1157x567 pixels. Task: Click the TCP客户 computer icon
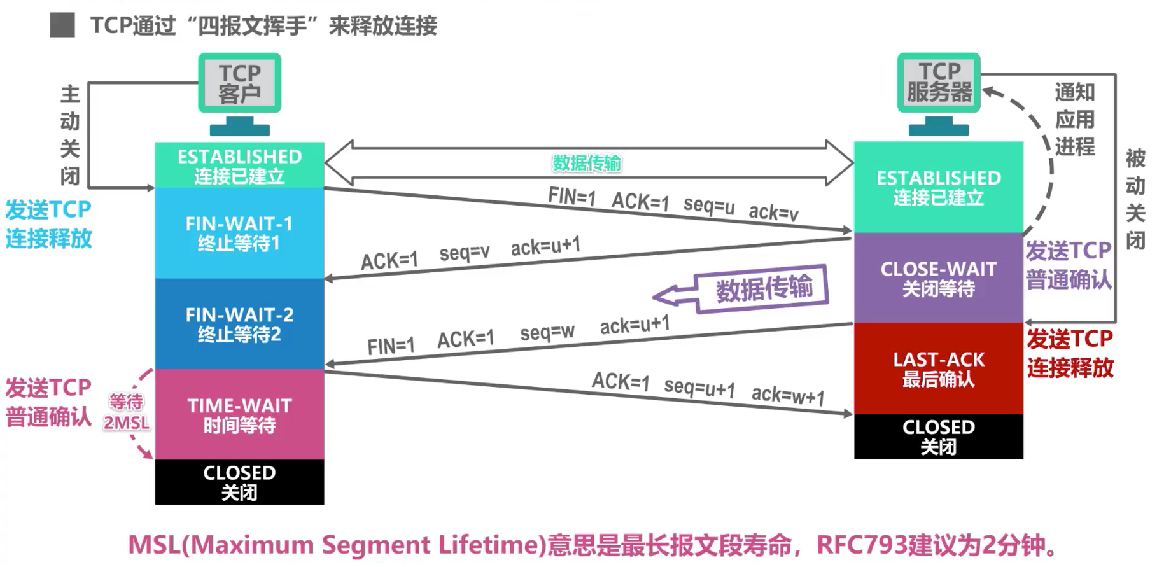239,93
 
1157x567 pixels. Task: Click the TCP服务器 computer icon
939,92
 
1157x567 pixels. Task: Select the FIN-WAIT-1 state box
239,233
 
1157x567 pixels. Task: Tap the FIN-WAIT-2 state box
239,324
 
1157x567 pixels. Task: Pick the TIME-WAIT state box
239,414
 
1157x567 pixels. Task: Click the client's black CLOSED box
239,482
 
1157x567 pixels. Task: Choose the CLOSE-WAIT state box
938,278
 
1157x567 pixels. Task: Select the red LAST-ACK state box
938,368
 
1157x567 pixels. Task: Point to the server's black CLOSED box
938,436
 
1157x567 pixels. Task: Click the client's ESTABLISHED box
239,165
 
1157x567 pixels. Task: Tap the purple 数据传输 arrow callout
763,289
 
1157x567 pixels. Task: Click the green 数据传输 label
586,164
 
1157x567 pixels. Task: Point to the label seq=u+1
699,388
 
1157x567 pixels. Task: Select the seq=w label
547,332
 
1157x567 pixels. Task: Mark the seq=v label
465,253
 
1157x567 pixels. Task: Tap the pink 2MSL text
127,423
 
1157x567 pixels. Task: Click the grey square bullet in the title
62,25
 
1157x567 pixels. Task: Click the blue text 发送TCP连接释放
49,224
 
